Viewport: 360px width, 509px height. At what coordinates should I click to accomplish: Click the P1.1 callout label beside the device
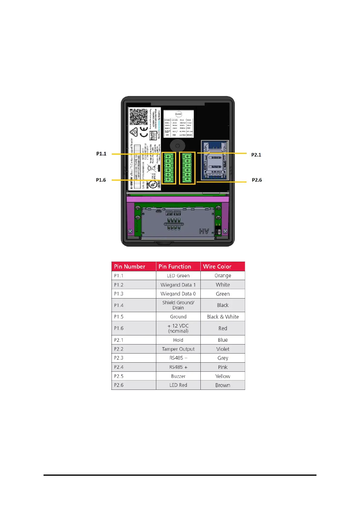(x=101, y=154)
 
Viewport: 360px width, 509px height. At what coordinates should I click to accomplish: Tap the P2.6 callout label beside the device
(x=257, y=180)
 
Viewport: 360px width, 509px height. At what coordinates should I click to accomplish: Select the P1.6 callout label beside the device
(x=101, y=180)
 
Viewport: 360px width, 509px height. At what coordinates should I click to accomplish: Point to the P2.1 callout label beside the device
(x=256, y=155)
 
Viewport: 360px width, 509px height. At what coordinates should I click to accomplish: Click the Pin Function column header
(x=175, y=266)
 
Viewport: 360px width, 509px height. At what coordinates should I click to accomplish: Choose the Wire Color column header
(x=217, y=266)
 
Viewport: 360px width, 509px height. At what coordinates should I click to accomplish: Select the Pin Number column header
(x=130, y=266)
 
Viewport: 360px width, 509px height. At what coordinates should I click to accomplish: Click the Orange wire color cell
(x=223, y=276)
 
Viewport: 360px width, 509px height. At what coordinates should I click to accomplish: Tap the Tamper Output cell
(x=178, y=349)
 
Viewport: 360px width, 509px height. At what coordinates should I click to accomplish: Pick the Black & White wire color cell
(x=223, y=317)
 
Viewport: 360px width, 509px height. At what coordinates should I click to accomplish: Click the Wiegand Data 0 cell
(x=178, y=294)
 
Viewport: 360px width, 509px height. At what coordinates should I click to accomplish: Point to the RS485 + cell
(x=178, y=367)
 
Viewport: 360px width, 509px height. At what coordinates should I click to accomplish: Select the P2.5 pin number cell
(x=119, y=376)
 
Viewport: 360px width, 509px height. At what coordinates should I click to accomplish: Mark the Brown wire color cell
(x=223, y=385)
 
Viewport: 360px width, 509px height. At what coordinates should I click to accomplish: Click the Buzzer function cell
(x=178, y=376)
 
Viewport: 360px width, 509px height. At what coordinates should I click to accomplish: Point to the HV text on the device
(x=204, y=231)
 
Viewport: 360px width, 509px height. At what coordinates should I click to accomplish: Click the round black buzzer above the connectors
(x=177, y=146)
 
